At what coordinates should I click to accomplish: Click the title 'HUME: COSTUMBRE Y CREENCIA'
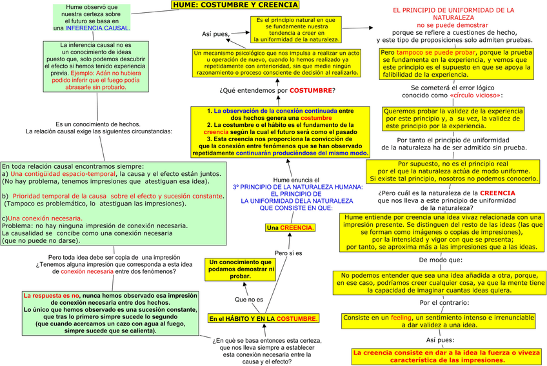click(x=235, y=5)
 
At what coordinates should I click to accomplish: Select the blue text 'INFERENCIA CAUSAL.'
click(x=97, y=28)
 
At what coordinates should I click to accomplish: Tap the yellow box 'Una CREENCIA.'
click(x=290, y=228)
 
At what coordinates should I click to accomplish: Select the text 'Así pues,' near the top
click(x=215, y=34)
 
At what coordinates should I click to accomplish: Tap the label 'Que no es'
click(x=249, y=300)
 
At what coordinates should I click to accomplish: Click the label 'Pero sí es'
click(x=288, y=253)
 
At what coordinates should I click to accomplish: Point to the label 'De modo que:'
click(x=441, y=261)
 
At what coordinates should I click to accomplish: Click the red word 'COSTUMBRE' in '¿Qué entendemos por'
click(x=312, y=91)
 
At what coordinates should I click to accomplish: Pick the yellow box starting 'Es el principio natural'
click(x=295, y=30)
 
